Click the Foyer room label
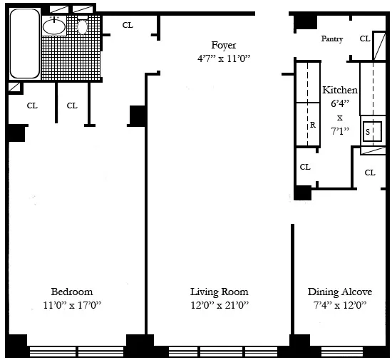(x=223, y=45)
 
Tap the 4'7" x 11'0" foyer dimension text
(x=223, y=58)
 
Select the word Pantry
(x=334, y=38)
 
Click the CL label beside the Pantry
(x=365, y=38)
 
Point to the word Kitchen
(x=340, y=91)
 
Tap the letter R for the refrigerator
(x=312, y=124)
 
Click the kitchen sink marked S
(x=368, y=132)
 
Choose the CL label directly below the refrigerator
(x=305, y=167)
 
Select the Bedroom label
(x=71, y=292)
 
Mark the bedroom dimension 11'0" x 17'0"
(x=71, y=306)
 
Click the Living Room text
(x=219, y=292)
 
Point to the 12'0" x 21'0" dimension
(x=219, y=306)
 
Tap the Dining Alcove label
(x=337, y=292)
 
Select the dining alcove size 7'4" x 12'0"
(x=337, y=306)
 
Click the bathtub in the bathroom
(x=24, y=44)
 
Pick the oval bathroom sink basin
(x=54, y=27)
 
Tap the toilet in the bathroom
(x=83, y=26)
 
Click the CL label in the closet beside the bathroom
(x=128, y=25)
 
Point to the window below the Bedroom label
(x=76, y=351)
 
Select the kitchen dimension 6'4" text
(x=340, y=103)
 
